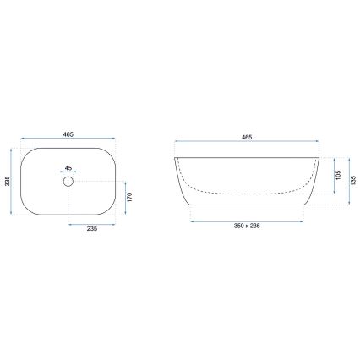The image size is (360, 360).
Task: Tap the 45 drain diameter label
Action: coord(68,166)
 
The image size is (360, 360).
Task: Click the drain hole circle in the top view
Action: coord(68,181)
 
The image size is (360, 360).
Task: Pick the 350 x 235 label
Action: coord(247,229)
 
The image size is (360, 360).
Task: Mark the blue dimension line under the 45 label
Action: coord(68,172)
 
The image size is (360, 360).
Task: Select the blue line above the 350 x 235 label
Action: coord(247,221)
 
